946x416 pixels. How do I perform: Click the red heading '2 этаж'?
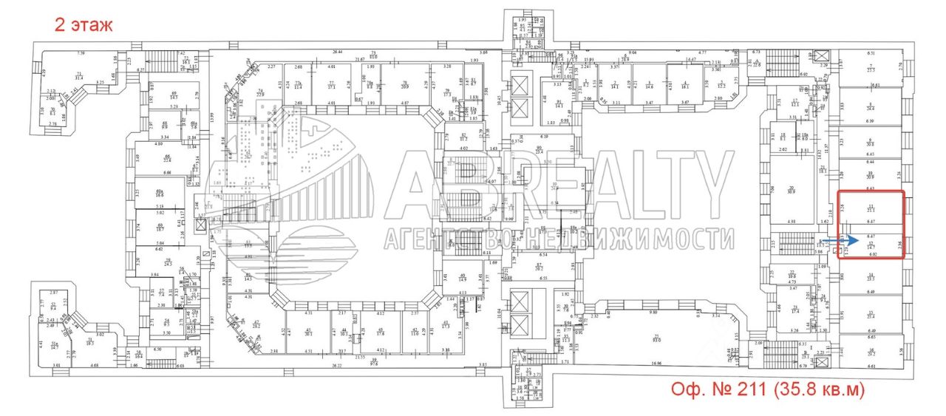84,25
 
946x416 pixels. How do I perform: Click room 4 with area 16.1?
686,83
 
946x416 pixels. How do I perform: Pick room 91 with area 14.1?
559,104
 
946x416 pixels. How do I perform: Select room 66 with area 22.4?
168,159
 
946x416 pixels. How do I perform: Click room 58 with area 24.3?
168,263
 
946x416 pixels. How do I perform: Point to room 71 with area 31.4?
78,75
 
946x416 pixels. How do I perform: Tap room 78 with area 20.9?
405,83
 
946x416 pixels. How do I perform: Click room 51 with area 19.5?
89,342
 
